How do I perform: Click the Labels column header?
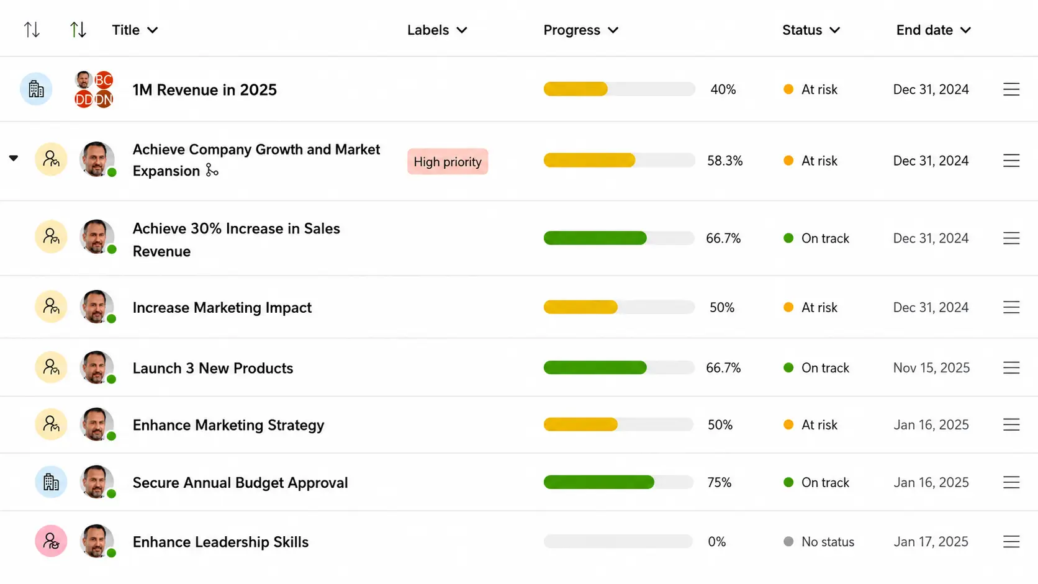pyautogui.click(x=437, y=30)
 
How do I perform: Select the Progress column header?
pyautogui.click(x=580, y=30)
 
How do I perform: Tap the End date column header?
pyautogui.click(x=933, y=30)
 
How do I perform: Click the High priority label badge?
pyautogui.click(x=448, y=161)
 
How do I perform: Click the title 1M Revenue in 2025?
pyautogui.click(x=204, y=90)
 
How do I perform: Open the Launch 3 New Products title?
pyautogui.click(x=213, y=368)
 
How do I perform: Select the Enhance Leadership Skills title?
pyautogui.click(x=220, y=542)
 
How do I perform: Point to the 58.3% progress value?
pyautogui.click(x=724, y=161)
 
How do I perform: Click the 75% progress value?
pyautogui.click(x=719, y=483)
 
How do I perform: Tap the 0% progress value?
pyautogui.click(x=716, y=542)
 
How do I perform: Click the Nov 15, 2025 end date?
pyautogui.click(x=931, y=368)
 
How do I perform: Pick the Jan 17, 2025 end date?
pyautogui.click(x=931, y=542)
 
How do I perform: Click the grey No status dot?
pyautogui.click(x=788, y=541)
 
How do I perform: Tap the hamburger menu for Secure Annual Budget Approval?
pyautogui.click(x=1011, y=483)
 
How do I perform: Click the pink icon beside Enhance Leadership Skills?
pyautogui.click(x=51, y=541)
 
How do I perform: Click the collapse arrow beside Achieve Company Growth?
pyautogui.click(x=14, y=158)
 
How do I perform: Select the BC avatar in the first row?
pyautogui.click(x=103, y=80)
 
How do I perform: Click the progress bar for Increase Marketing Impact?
pyautogui.click(x=619, y=307)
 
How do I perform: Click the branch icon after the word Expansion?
pyautogui.click(x=212, y=171)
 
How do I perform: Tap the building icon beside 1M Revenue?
pyautogui.click(x=35, y=89)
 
